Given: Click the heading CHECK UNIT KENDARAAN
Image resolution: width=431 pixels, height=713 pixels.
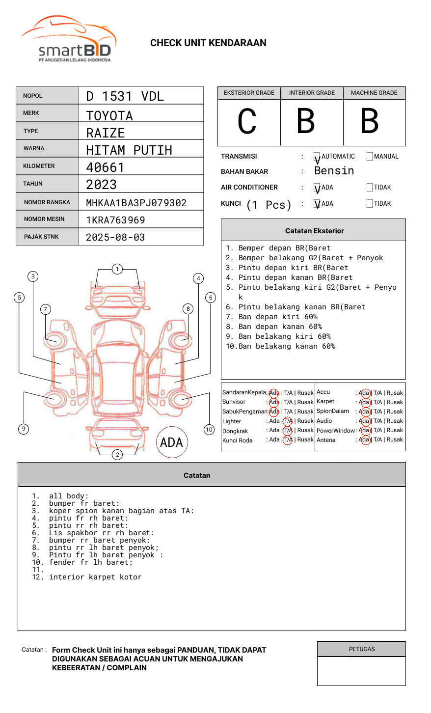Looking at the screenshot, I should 208,43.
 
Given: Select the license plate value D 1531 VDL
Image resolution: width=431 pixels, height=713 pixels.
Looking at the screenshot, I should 125,96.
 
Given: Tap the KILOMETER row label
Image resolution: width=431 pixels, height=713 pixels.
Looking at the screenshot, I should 39,166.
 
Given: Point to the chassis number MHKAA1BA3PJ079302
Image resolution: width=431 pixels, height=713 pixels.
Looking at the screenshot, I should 136,203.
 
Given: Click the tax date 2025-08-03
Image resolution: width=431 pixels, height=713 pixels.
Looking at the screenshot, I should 115,237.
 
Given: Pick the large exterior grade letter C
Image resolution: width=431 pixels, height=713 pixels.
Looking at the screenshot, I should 247,121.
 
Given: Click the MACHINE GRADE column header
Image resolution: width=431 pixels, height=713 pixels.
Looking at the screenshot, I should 374,93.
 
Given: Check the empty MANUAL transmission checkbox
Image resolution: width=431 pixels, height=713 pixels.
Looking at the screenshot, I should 370,157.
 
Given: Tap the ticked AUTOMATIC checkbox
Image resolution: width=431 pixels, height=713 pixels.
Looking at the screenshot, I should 317,157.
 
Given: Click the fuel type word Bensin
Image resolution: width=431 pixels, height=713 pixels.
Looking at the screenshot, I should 334,171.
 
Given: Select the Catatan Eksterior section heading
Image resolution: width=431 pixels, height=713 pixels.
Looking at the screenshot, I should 314,231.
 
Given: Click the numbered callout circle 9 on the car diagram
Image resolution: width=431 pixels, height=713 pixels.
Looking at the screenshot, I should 24,429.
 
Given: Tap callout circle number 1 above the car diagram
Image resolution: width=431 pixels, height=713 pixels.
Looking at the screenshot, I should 117,269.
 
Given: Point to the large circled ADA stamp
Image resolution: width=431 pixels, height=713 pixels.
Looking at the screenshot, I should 171,442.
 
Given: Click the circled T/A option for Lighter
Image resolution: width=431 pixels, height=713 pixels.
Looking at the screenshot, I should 288,421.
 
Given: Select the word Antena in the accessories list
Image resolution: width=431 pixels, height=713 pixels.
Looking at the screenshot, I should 326,440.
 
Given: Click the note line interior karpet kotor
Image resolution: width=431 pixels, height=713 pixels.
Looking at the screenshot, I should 95,577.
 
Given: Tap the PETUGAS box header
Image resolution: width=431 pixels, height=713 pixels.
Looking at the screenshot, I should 362,649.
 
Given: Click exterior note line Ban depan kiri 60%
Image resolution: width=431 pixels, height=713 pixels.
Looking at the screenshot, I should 278,317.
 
